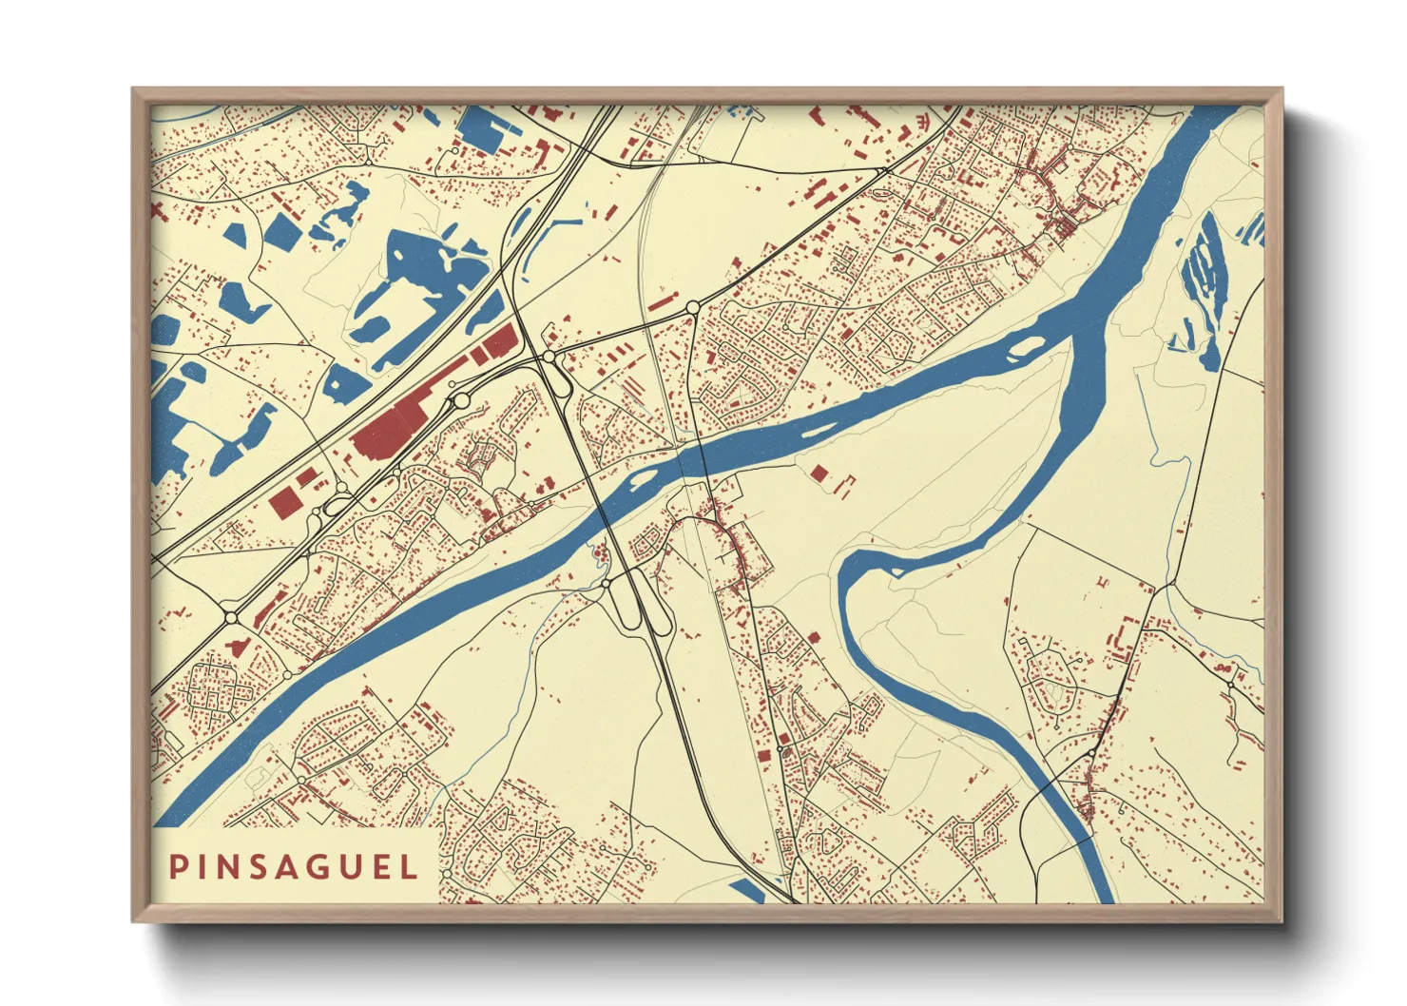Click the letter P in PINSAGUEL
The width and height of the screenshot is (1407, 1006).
pyautogui.click(x=178, y=867)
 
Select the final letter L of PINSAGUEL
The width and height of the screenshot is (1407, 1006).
pyautogui.click(x=410, y=867)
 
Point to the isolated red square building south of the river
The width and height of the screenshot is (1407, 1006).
pyautogui.click(x=819, y=473)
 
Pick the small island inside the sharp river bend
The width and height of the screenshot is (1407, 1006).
pyautogui.click(x=894, y=571)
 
